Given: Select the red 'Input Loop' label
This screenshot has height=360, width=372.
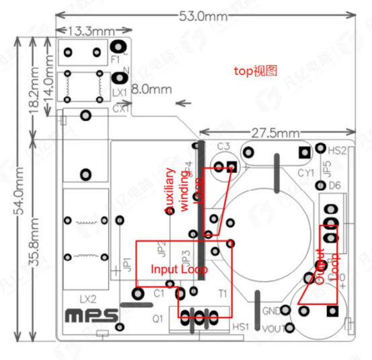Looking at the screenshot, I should point(179,269).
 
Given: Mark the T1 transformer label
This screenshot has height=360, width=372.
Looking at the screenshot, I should point(222,294).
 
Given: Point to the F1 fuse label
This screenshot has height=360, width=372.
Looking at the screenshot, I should point(115,59).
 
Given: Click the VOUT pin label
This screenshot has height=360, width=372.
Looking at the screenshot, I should point(270,329).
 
